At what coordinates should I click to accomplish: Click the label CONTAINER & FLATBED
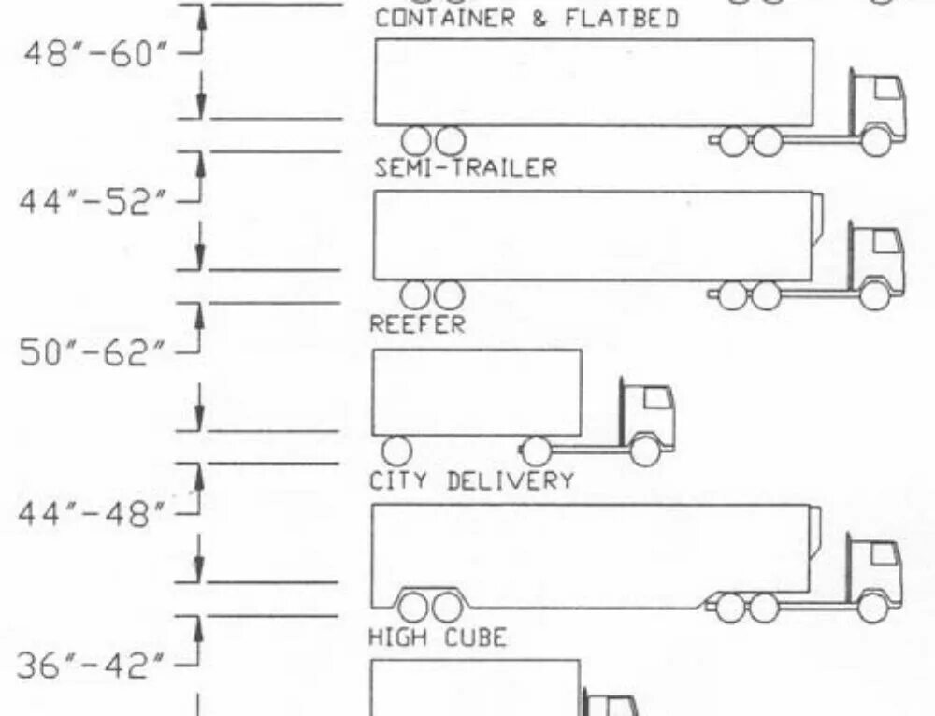(x=526, y=19)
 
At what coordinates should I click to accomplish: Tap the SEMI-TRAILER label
(x=465, y=168)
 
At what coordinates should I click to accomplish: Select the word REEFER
(x=417, y=325)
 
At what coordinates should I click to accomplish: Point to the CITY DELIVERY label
(x=471, y=482)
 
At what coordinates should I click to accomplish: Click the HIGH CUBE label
(x=437, y=638)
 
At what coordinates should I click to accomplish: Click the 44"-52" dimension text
(x=97, y=203)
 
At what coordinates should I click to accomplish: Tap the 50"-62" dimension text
(x=97, y=356)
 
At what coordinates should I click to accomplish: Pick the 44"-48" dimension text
(x=97, y=513)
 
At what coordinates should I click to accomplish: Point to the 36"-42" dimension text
(x=97, y=667)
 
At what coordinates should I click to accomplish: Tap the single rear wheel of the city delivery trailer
(x=397, y=450)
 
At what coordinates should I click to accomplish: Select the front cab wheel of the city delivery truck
(x=645, y=451)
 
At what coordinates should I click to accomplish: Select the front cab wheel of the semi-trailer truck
(x=876, y=141)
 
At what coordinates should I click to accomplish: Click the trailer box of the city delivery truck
(x=476, y=393)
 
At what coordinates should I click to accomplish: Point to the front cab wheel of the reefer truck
(x=875, y=295)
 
